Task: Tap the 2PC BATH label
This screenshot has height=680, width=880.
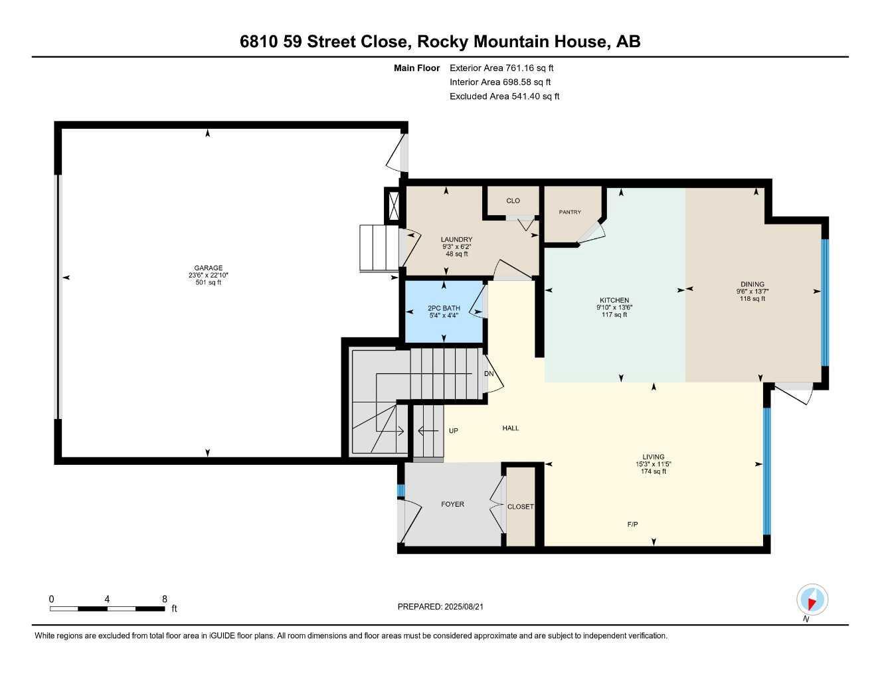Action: (444, 308)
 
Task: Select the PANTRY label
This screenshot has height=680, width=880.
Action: (570, 212)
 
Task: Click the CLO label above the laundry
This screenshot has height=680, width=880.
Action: (513, 201)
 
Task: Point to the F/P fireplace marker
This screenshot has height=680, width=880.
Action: (632, 525)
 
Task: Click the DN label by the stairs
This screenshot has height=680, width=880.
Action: (489, 374)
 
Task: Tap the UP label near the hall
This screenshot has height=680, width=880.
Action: (454, 431)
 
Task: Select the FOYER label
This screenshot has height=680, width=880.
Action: (452, 504)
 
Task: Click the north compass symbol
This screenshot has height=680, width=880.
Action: (812, 600)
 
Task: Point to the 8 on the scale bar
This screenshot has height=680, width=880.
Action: (165, 598)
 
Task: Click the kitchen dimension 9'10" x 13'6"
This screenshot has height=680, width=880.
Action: (614, 307)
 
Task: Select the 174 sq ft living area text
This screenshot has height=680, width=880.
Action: (654, 471)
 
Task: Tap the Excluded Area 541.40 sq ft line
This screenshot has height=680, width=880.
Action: (504, 96)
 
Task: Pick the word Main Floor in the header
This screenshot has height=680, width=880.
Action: (416, 68)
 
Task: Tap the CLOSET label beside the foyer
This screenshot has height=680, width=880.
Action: (520, 507)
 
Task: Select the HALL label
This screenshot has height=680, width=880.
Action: (510, 428)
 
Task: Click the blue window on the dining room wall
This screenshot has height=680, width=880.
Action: (825, 302)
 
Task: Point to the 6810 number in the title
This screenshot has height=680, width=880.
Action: (259, 42)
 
